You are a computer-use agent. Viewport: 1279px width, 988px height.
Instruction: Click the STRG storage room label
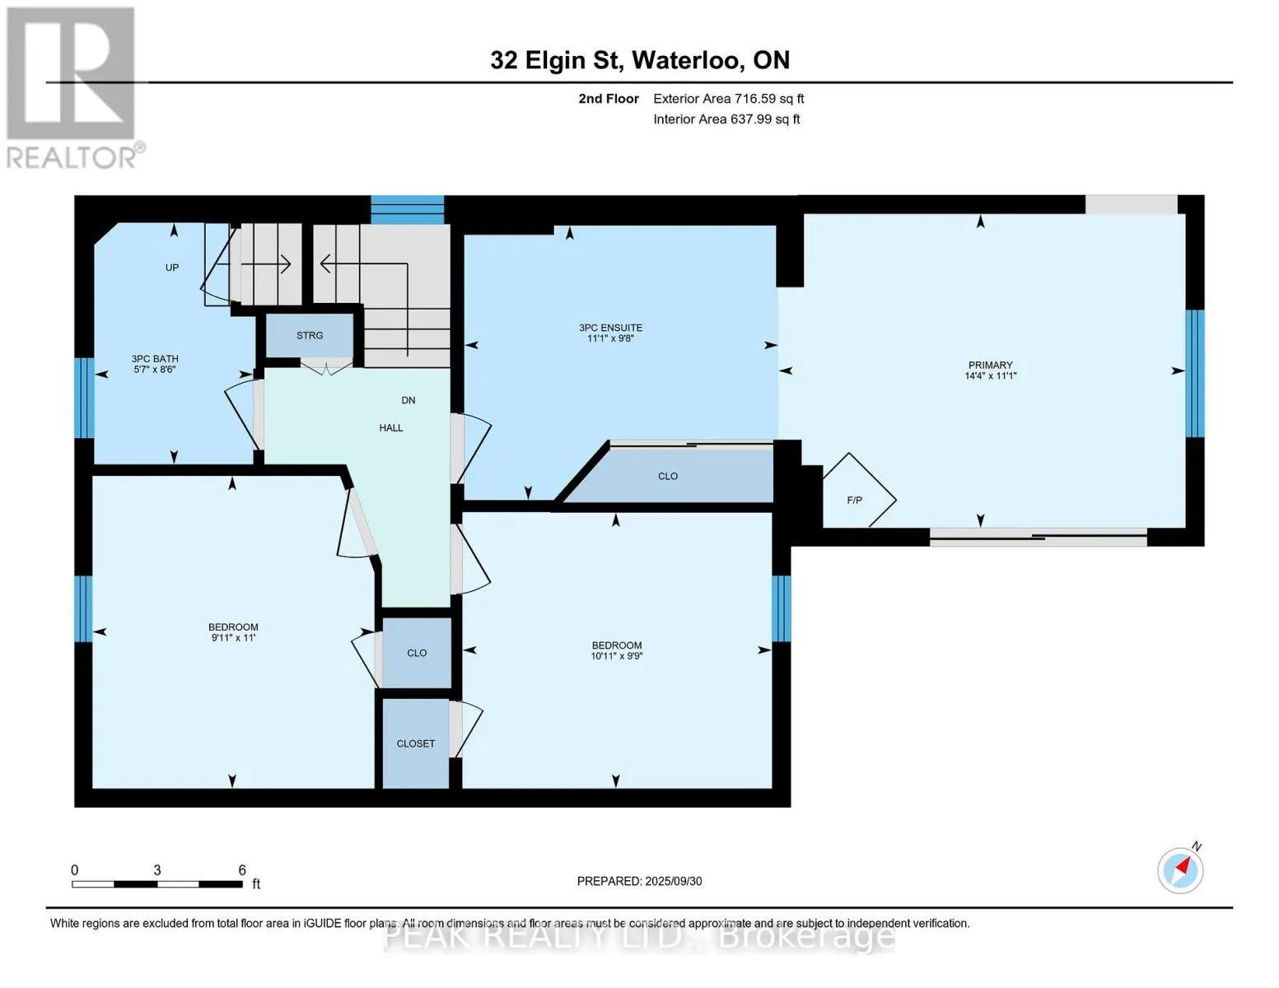click(310, 335)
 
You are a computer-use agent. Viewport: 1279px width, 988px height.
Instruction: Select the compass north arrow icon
click(1180, 870)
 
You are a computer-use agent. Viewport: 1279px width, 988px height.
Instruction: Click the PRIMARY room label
click(991, 365)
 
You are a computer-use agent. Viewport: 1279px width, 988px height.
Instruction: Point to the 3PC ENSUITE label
click(610, 328)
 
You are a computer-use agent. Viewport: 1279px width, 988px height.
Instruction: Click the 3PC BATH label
click(155, 359)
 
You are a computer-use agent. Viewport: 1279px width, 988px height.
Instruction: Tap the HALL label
click(391, 428)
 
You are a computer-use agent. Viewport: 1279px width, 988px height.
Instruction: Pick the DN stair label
click(408, 400)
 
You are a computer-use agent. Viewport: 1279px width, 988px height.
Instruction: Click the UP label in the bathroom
click(172, 268)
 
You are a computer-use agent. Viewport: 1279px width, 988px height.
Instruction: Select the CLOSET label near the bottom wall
click(416, 743)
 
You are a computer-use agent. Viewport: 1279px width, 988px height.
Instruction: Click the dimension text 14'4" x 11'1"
click(991, 375)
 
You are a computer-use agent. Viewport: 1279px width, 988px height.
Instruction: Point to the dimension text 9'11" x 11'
click(233, 637)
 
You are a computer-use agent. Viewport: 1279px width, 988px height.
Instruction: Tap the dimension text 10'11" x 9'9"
click(617, 655)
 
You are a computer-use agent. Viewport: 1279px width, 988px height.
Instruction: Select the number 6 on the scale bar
click(242, 869)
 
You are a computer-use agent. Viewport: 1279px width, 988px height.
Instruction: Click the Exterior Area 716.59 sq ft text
click(729, 99)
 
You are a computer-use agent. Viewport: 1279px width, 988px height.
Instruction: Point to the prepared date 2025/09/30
click(674, 881)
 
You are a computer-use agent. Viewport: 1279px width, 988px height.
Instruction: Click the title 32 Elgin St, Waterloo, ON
click(640, 60)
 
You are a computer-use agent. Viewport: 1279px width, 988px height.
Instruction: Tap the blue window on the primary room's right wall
click(1195, 374)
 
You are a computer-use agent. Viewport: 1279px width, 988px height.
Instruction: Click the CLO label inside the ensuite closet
click(667, 476)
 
